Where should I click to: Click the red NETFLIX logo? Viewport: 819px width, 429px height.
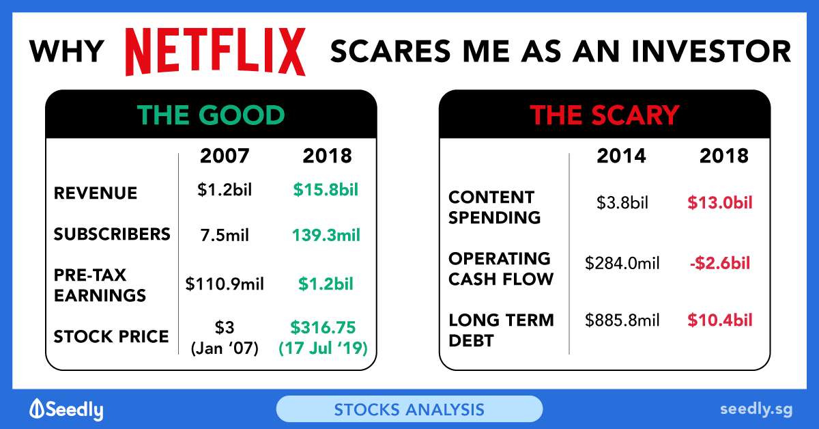216,52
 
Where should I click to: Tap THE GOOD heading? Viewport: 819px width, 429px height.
211,115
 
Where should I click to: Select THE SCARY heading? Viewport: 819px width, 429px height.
605,115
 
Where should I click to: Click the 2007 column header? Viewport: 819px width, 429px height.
225,156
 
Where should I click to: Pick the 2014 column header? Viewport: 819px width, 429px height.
621,156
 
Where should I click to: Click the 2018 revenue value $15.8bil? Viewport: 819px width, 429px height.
326,190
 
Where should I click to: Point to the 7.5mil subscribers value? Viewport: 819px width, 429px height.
225,235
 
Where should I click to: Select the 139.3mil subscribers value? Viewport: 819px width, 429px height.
326,235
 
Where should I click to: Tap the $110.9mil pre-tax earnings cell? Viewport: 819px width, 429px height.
225,283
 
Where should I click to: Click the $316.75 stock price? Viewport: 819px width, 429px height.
323,327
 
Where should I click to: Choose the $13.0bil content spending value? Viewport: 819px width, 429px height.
720,202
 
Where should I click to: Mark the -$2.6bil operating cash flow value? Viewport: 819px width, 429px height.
720,263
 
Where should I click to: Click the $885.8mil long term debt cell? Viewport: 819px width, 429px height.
622,320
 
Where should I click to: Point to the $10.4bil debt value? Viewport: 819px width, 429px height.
720,320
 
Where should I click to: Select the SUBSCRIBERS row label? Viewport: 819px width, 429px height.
112,234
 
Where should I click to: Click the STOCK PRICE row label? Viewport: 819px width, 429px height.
111,336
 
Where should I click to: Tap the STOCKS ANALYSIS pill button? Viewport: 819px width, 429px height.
409,409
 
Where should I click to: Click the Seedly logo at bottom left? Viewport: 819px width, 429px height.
67,410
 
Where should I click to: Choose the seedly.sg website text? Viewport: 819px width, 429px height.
756,410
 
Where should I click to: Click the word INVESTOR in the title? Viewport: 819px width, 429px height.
711,51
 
